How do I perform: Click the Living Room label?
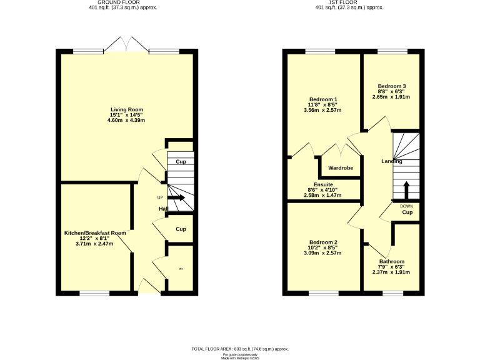coord(126,109)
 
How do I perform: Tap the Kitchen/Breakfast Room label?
coord(95,232)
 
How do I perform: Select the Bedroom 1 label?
coord(323,99)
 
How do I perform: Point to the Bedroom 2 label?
coord(323,242)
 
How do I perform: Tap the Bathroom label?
coord(392,261)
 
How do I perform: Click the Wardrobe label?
coord(341,168)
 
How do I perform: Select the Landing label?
coord(392,161)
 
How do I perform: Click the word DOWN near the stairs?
coord(406,206)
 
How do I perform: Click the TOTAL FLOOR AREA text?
coord(240,348)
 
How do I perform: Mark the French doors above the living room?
coord(126,45)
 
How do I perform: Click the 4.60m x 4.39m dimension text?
coord(126,120)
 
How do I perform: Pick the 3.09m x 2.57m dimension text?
coord(323,253)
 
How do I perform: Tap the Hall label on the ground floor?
coord(163,208)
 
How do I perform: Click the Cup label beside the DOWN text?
coord(407,212)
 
